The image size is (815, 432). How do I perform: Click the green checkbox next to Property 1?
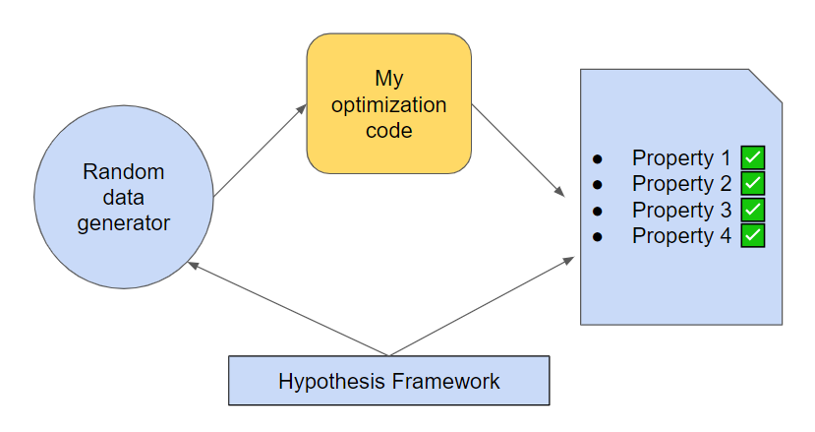[x=753, y=157]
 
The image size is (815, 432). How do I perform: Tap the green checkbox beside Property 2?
[x=753, y=184]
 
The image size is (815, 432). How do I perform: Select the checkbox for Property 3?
[x=753, y=210]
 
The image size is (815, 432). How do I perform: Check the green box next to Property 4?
[x=753, y=236]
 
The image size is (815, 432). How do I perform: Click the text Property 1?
[x=681, y=157]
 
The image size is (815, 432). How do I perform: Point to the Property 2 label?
[x=681, y=184]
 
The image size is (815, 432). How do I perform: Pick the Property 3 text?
[x=681, y=210]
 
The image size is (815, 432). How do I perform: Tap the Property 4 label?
[x=681, y=236]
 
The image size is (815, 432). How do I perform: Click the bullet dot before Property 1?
[x=597, y=158]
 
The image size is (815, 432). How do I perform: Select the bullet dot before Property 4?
[x=597, y=237]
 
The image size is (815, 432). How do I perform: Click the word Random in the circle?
[x=123, y=172]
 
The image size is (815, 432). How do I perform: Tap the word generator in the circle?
[x=123, y=223]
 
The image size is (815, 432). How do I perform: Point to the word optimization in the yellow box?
[x=388, y=104]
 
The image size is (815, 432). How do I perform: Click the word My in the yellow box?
[x=388, y=78]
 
